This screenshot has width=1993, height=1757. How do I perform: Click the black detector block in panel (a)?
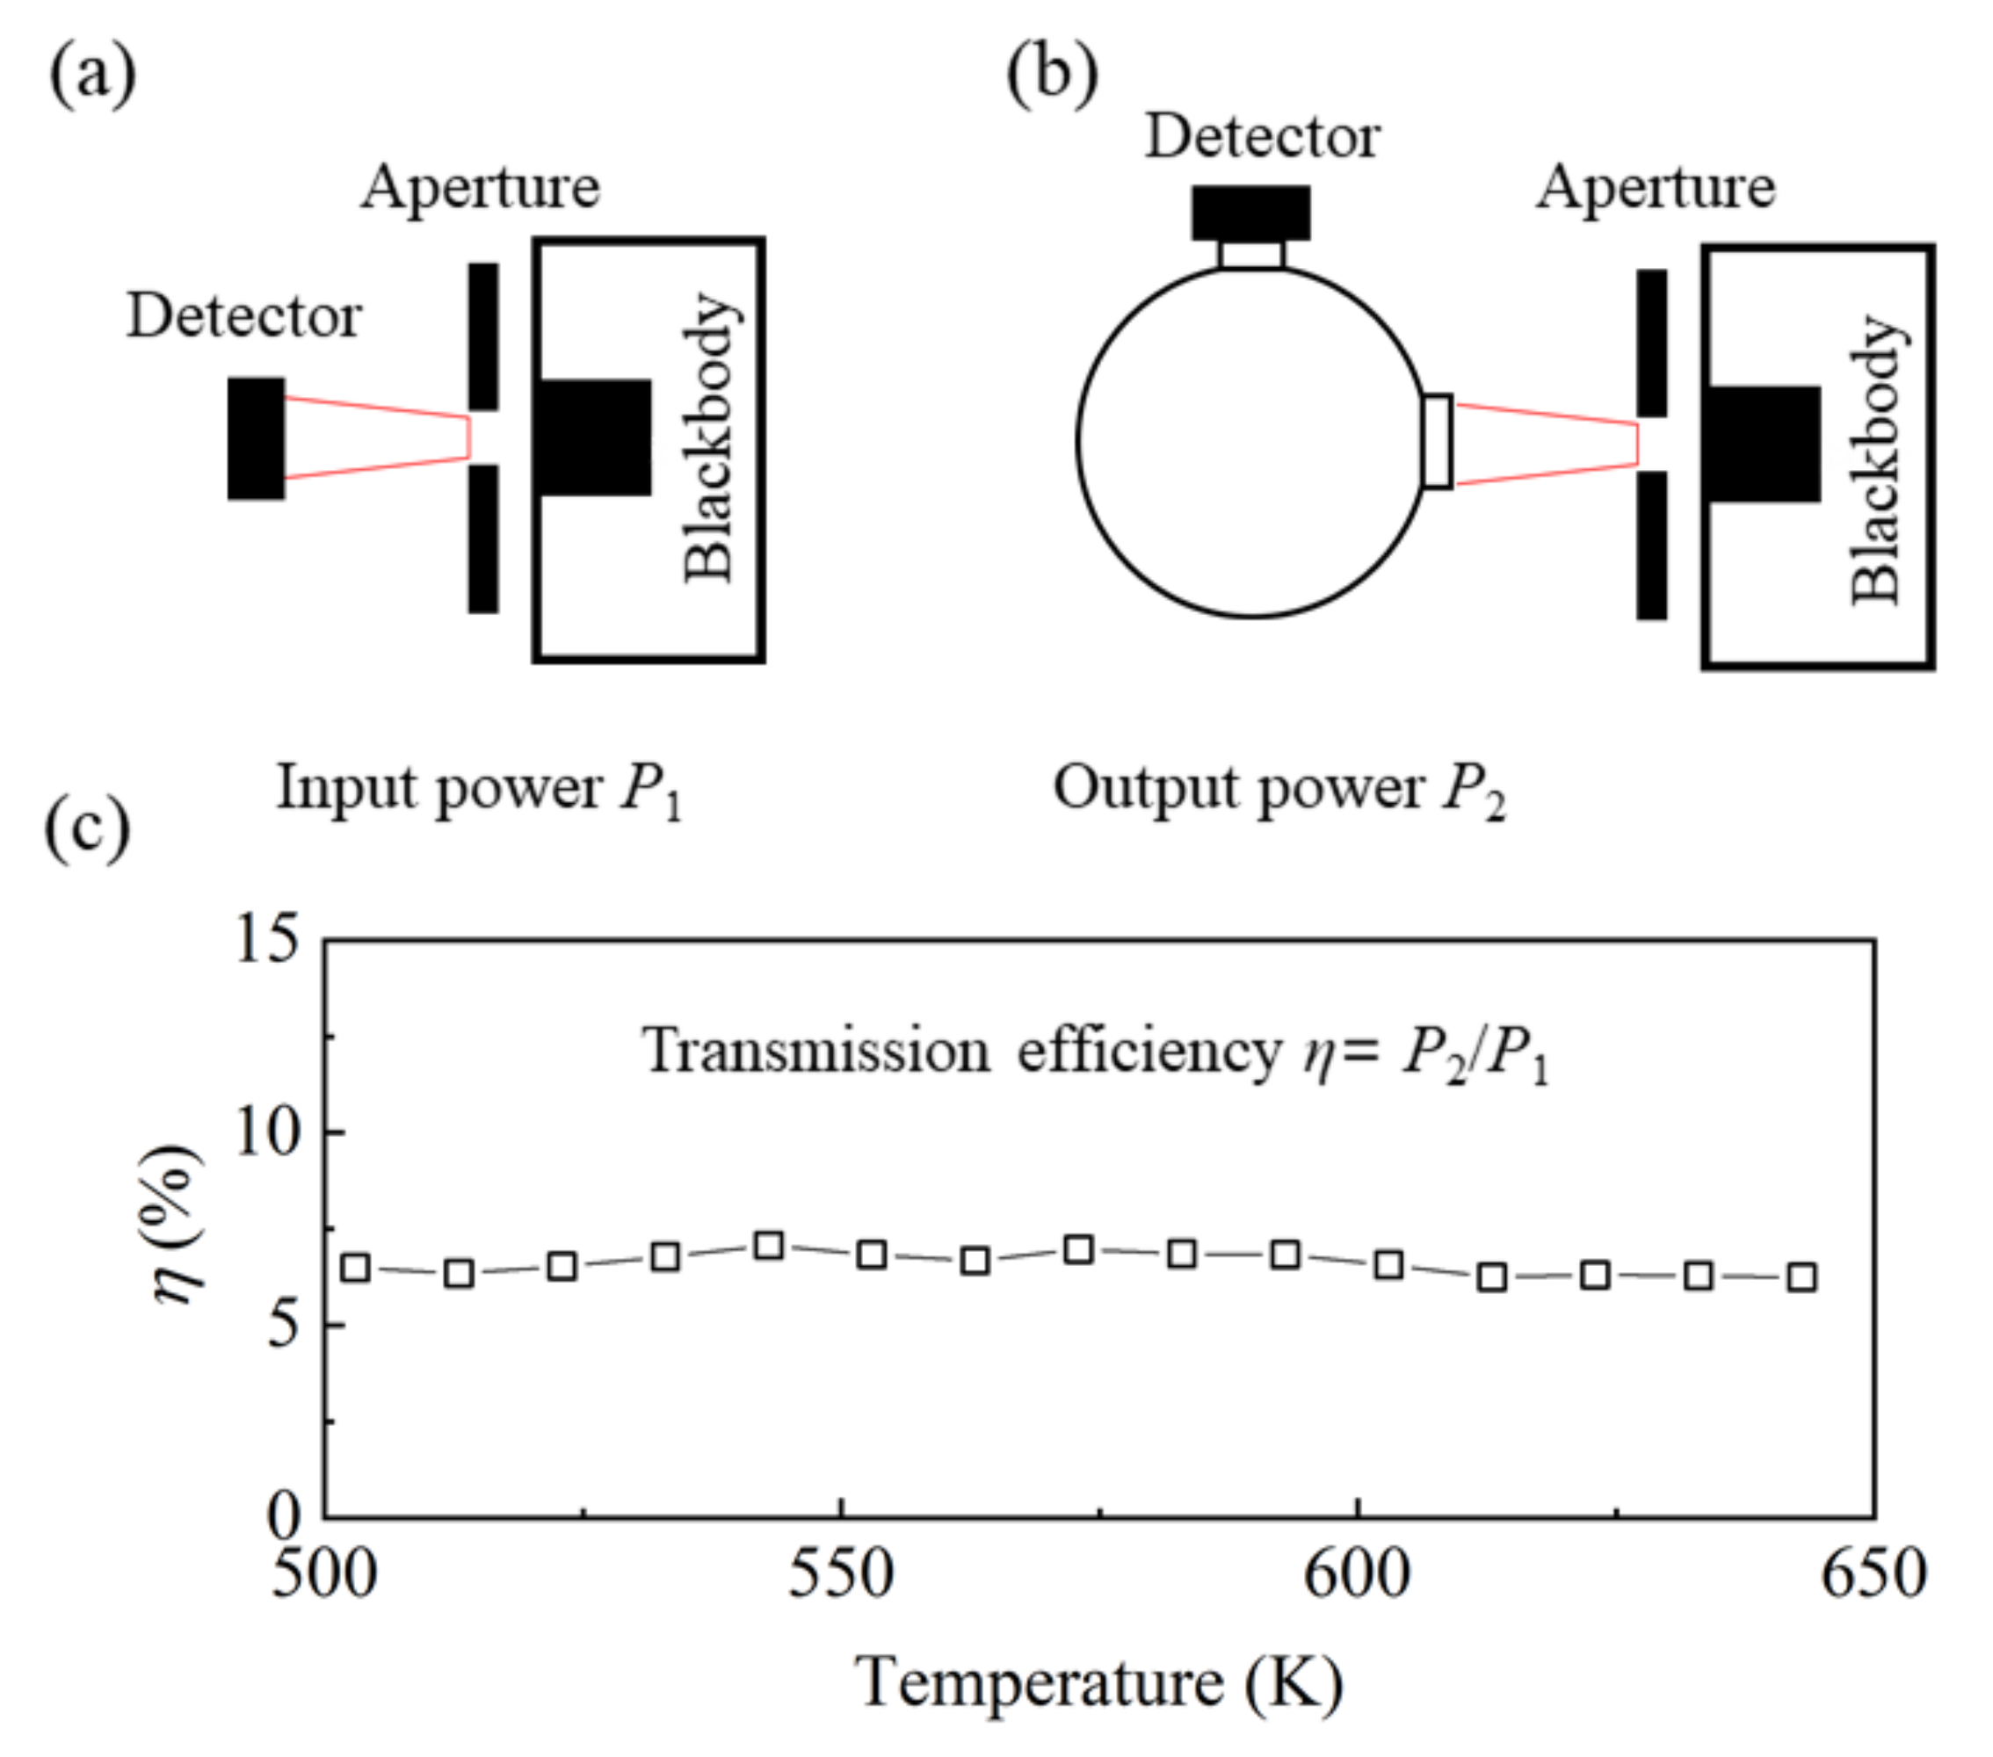point(257,438)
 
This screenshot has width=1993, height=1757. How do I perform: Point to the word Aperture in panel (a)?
point(481,187)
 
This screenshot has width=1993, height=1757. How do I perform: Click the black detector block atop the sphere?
point(1251,213)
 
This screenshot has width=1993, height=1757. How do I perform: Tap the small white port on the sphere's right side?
point(1438,441)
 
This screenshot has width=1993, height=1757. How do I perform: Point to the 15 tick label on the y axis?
point(266,941)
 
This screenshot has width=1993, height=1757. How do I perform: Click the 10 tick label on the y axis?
point(266,1133)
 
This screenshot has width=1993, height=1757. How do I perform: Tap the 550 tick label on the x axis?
point(840,1574)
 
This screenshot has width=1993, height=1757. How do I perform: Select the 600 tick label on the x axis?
point(1358,1574)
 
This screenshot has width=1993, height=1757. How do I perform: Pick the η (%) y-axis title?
point(180,1226)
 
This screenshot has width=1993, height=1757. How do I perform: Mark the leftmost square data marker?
point(356,1269)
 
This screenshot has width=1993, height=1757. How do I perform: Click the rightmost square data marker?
point(1802,1277)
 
